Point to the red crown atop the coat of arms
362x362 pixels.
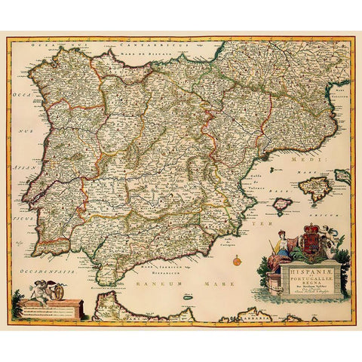(x=309, y=229)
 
